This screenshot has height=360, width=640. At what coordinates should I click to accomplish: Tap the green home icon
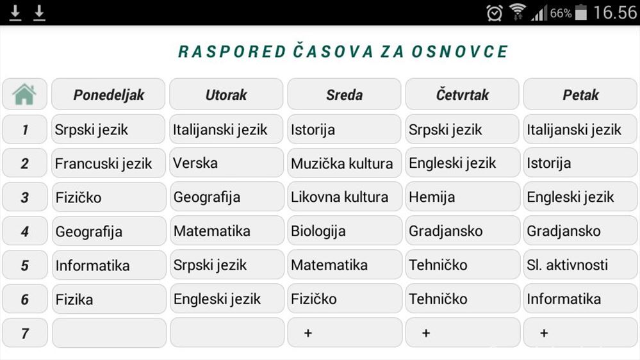click(24, 95)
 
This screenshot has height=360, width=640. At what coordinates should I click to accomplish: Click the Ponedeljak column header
click(108, 95)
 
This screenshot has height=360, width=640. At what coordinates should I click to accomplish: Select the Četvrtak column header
click(462, 95)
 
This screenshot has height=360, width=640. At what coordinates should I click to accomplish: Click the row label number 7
click(24, 333)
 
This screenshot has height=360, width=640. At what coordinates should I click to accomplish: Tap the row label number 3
click(24, 197)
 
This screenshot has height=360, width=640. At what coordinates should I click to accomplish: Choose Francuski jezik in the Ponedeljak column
click(108, 163)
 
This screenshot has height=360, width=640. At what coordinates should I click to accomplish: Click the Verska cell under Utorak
click(226, 163)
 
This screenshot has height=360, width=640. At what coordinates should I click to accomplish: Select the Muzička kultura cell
click(344, 163)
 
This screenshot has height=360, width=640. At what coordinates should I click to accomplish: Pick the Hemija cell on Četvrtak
click(462, 197)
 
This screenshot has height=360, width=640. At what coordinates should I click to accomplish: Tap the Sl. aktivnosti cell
click(580, 265)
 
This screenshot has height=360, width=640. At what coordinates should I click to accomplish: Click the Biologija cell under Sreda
click(344, 231)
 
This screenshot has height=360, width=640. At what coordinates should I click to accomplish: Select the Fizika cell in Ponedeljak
click(108, 299)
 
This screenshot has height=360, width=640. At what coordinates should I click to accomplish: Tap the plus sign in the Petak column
click(544, 333)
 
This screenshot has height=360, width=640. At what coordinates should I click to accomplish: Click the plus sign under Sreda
click(308, 333)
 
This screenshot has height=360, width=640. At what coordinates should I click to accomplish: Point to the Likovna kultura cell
click(344, 197)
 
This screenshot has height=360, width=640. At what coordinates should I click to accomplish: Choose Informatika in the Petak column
click(580, 299)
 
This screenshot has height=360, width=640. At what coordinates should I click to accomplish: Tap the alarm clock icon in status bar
click(495, 13)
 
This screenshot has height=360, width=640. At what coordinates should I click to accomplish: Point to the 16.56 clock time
click(615, 13)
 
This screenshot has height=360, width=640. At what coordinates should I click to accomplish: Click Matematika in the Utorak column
click(226, 231)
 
